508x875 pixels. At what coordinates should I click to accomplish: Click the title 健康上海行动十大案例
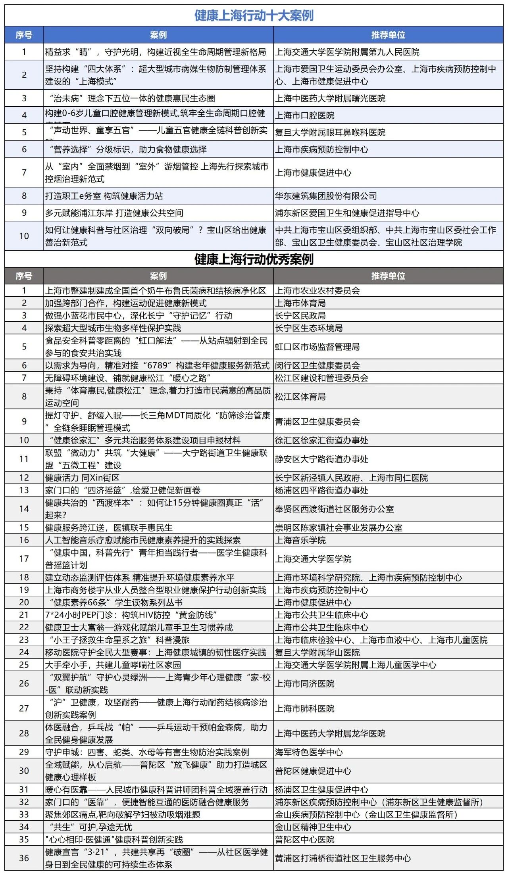(x=254, y=16)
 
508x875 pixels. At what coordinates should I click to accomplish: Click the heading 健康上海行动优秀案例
(x=254, y=259)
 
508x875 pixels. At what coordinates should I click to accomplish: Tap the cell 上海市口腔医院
(x=305, y=115)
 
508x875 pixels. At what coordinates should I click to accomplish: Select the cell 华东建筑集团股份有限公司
(x=326, y=196)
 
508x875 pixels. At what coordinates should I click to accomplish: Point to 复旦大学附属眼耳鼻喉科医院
(x=330, y=132)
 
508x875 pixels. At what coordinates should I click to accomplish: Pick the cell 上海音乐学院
(x=300, y=540)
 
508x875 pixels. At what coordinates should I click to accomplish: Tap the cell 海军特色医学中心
(x=309, y=752)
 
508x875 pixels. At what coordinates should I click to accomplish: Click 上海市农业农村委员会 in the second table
(x=317, y=291)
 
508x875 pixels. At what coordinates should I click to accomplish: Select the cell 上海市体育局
(x=300, y=303)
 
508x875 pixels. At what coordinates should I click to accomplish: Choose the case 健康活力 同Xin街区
(x=82, y=478)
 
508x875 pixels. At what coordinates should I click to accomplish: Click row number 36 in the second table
(x=24, y=858)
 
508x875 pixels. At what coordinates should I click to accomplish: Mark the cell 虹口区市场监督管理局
(x=317, y=347)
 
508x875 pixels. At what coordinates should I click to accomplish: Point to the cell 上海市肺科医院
(x=305, y=709)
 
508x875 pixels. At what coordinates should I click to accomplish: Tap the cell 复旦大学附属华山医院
(x=317, y=652)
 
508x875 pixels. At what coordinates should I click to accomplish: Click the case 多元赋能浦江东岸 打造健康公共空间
(x=114, y=213)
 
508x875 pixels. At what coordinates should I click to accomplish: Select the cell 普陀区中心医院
(x=305, y=840)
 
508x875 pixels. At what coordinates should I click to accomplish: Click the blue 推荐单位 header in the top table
(x=388, y=35)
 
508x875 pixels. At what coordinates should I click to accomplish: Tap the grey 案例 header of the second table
(x=158, y=276)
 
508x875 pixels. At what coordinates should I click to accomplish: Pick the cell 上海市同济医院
(x=305, y=684)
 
